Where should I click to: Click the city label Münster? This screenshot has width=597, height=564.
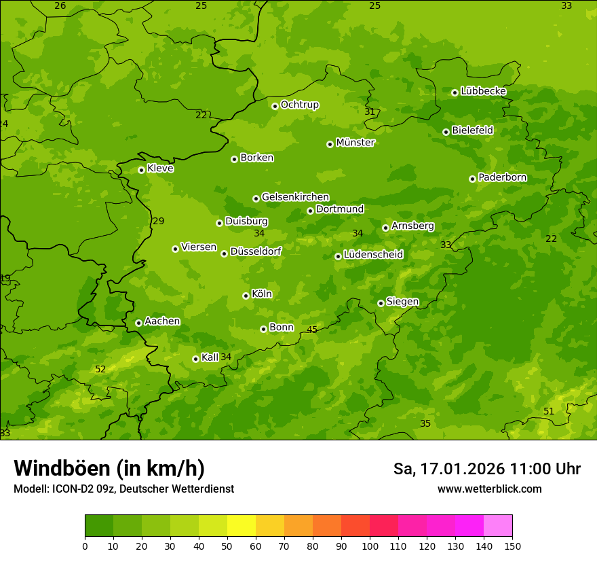(355, 143)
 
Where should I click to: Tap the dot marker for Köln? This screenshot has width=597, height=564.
(246, 296)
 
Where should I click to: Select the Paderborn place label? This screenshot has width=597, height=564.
(502, 177)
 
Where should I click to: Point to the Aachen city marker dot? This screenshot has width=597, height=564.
(138, 323)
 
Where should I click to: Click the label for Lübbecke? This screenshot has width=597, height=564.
(483, 91)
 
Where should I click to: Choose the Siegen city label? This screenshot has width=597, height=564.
(402, 302)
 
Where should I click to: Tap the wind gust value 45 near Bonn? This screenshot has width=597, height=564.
(312, 330)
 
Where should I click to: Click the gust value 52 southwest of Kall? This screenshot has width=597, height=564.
(100, 369)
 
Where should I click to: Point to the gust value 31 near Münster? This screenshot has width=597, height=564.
(370, 111)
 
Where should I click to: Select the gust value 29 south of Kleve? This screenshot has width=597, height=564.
(159, 221)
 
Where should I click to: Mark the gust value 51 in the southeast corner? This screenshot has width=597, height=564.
(549, 411)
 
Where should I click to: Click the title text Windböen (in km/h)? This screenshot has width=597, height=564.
(109, 468)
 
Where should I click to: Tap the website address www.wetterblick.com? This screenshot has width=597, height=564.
(489, 489)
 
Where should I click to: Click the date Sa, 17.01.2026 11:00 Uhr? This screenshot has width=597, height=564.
(486, 469)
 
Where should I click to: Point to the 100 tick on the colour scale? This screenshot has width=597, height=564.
(370, 546)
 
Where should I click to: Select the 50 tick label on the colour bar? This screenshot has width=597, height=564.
(227, 546)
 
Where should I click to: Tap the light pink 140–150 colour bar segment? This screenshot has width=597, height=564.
(498, 526)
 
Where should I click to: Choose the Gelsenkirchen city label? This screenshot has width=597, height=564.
(295, 197)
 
